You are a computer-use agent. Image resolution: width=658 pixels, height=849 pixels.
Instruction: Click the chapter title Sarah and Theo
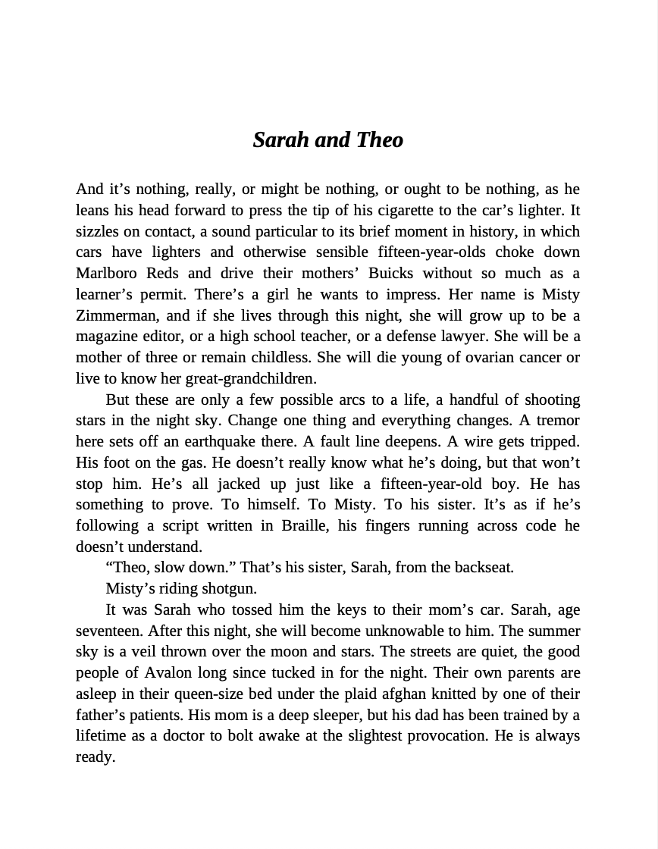coord(328,140)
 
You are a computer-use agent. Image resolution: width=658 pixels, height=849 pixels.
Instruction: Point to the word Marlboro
coord(105,274)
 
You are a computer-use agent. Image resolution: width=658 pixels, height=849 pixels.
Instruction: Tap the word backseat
coord(484,568)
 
